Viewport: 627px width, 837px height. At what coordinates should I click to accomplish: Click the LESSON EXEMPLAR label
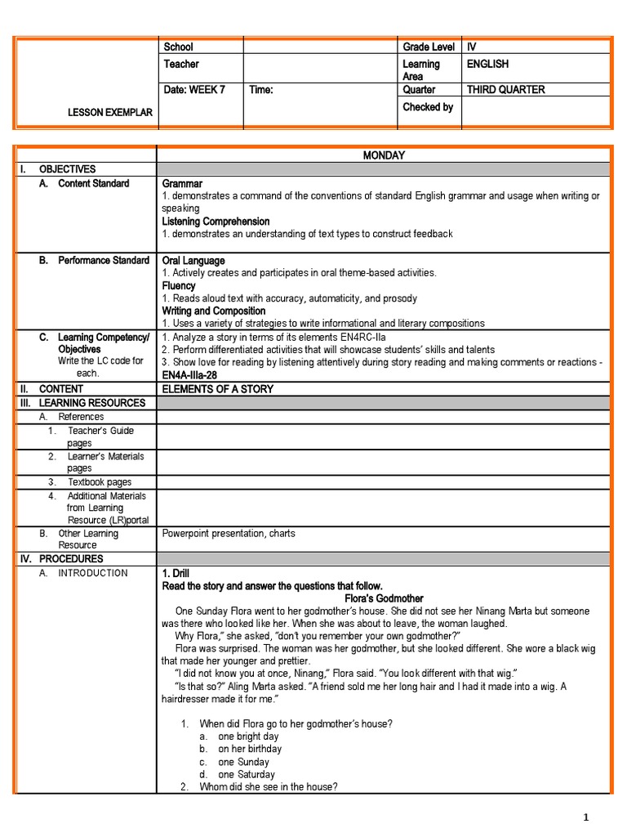[109, 112]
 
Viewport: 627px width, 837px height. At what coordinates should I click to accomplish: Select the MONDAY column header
[383, 155]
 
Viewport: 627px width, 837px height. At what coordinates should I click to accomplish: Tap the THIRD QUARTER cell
[505, 90]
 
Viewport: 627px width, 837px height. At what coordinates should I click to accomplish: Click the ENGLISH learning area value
[487, 64]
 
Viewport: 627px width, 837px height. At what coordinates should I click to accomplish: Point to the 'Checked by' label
[428, 107]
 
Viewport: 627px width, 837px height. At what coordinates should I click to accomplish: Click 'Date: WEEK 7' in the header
[194, 90]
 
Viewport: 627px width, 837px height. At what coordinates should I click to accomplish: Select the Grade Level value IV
[472, 47]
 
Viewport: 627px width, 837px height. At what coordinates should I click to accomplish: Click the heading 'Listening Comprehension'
[216, 222]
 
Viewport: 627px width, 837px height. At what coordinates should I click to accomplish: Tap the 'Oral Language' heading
[193, 261]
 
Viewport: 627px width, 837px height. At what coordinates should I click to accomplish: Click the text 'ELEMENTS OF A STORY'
[218, 389]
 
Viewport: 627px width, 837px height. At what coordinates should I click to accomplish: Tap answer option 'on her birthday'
[250, 749]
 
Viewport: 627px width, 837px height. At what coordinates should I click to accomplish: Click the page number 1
[585, 817]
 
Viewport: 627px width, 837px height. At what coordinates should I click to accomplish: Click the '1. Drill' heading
[176, 573]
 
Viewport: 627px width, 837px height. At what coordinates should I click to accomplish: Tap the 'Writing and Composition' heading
[214, 311]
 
